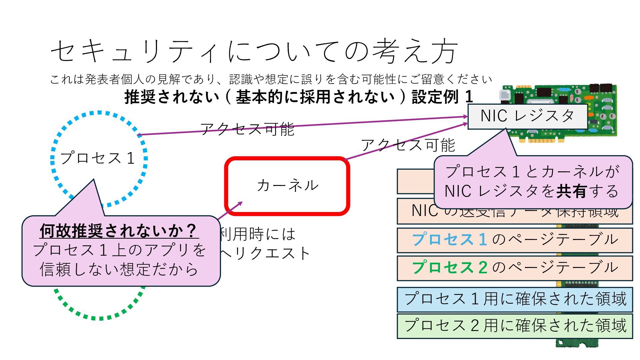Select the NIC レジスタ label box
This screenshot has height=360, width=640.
527,116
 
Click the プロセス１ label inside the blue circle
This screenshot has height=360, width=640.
98,158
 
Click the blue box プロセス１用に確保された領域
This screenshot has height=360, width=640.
515,299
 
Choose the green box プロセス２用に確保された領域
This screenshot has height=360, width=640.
515,326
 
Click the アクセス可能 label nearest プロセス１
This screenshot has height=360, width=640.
247,129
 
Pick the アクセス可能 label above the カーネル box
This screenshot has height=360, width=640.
408,145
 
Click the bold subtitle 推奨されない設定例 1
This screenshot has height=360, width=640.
299,97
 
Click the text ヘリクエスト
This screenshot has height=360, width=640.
265,253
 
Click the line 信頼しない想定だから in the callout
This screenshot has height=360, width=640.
119,269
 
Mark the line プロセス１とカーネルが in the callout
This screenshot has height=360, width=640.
532,172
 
